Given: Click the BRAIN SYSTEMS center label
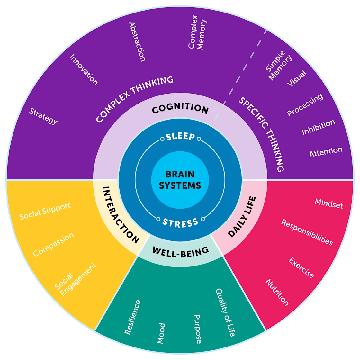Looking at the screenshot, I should pos(180,180).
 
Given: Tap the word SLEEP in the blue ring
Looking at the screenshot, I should pos(181,137).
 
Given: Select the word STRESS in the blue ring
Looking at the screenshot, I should pos(180,222).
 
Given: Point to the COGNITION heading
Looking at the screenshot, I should pos(180,109).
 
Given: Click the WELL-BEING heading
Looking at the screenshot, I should pos(180,252).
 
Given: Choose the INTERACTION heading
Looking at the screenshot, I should pos(121,215).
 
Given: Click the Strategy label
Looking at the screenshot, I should pos(43,116).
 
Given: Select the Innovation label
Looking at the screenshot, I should pos(84,70).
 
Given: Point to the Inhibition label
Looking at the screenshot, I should pos(318,127).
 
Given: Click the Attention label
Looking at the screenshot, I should pos(326,152).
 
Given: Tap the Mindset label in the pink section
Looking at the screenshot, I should pos(329,204).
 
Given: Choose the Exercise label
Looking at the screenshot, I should pos(301,267).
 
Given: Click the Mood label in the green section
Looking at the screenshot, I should pos(161,333).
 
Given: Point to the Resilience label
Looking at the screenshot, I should pos(133,317).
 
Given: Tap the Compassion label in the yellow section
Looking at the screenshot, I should pos(53,244).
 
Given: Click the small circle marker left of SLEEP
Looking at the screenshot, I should pos(162,139).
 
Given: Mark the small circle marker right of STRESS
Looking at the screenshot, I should pos(203,219).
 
